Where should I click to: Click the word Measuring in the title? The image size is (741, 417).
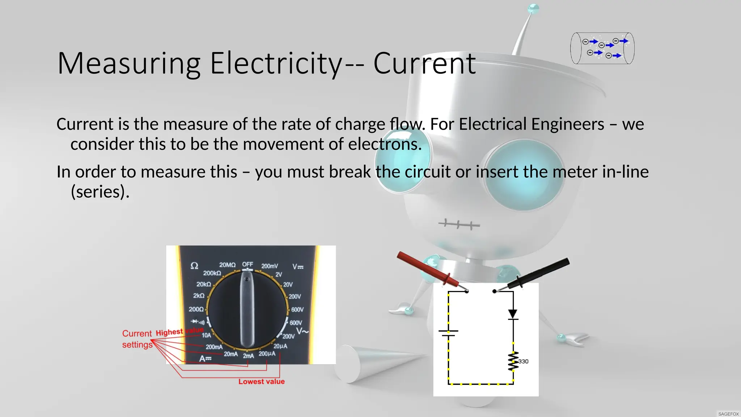tap(129, 64)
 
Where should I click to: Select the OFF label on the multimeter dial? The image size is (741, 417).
tap(247, 264)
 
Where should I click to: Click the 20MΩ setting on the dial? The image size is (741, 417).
tap(227, 265)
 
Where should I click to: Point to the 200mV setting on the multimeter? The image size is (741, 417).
tap(270, 266)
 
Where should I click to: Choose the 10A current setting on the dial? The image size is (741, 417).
tap(206, 335)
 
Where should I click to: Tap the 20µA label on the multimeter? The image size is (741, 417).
tap(280, 346)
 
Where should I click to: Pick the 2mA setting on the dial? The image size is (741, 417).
tap(248, 356)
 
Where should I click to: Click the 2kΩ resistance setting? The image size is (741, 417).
tap(199, 296)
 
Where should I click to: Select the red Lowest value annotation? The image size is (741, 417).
tap(261, 382)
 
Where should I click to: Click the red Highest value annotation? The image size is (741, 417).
tap(179, 332)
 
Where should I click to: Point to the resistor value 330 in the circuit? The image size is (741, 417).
tap(523, 361)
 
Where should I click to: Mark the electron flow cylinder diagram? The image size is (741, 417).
tap(602, 49)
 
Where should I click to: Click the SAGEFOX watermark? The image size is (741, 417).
tap(728, 414)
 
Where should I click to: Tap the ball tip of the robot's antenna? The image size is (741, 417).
tap(533, 8)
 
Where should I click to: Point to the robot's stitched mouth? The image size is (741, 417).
tap(459, 224)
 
